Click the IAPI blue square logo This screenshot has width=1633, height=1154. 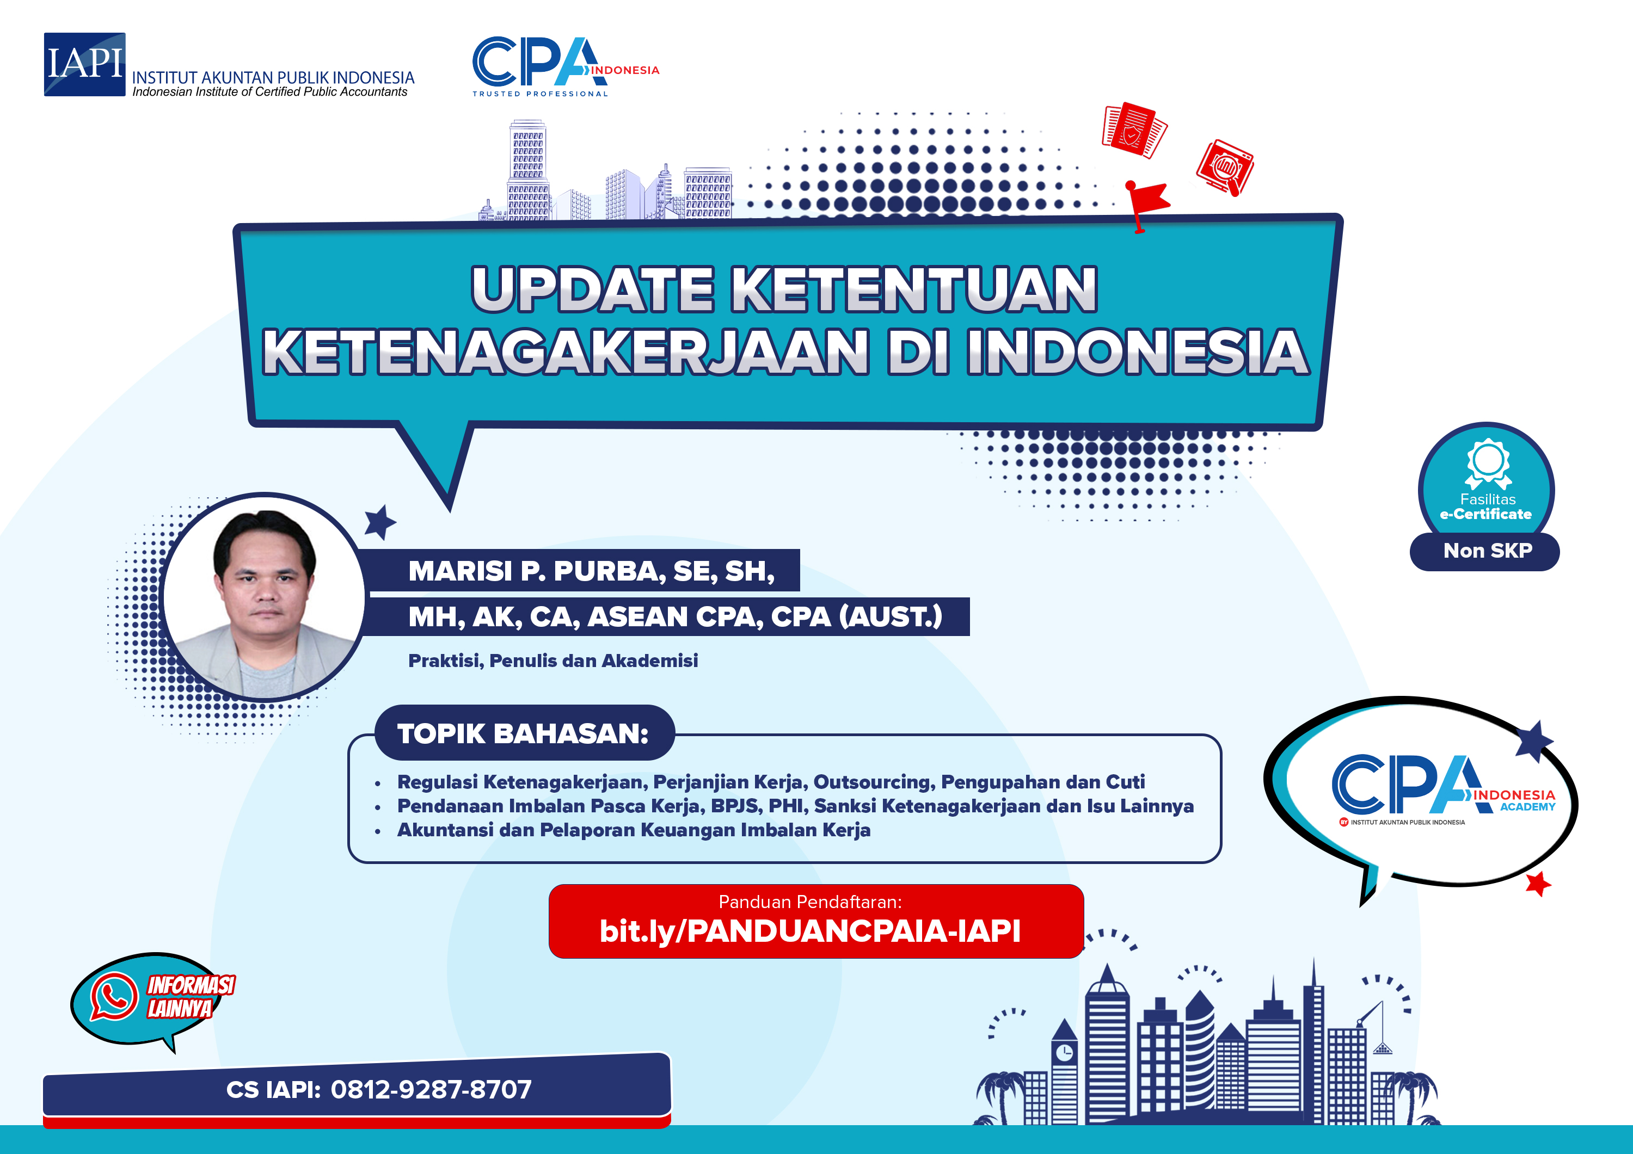coord(84,64)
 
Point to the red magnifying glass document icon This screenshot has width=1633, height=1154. coord(1225,168)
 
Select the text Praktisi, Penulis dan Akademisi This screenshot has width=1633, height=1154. coord(552,661)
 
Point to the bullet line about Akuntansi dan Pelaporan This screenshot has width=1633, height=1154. coord(633,830)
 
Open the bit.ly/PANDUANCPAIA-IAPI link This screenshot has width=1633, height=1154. coord(809,931)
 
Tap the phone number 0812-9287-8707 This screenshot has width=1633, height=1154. coord(431,1089)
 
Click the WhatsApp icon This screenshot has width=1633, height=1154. coord(114,996)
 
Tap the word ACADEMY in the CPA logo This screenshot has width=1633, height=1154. coord(1528,807)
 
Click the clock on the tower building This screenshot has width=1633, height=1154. coord(1064,1052)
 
